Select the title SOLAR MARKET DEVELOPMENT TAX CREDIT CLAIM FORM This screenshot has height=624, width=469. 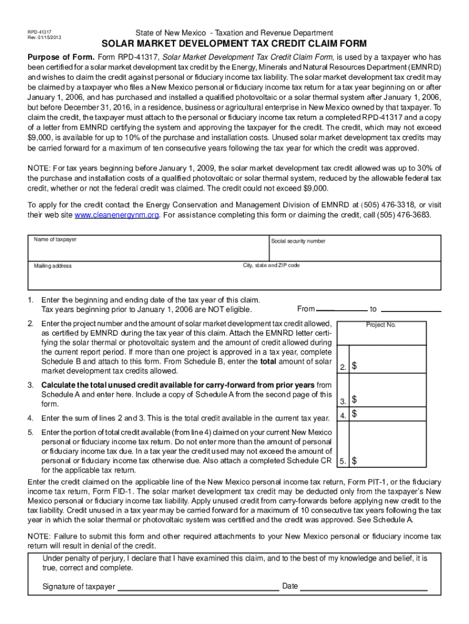coord(234,44)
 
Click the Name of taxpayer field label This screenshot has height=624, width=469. coord(55,239)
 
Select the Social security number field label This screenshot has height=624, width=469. coord(298,241)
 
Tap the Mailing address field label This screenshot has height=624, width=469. coord(52,266)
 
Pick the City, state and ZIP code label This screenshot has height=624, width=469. coord(271,266)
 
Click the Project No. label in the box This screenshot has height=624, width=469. coord(381,325)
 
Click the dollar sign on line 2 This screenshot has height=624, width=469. coord(355,366)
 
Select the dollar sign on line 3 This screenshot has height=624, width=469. coord(355,400)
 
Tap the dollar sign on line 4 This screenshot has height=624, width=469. coord(355,414)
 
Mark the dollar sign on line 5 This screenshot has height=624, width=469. coord(355,461)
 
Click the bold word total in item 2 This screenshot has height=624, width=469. coord(270,361)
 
